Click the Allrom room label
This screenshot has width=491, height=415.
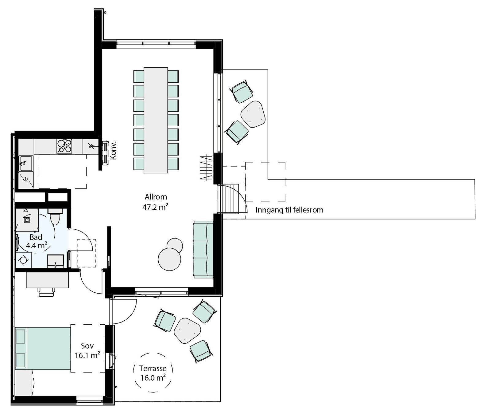click(x=156, y=197)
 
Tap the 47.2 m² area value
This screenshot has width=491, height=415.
click(x=155, y=207)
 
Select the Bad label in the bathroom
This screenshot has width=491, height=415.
click(x=36, y=237)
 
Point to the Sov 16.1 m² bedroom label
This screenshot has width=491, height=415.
click(x=87, y=350)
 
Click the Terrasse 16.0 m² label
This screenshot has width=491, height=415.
click(x=153, y=373)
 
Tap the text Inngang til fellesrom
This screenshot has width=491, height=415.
click(x=289, y=210)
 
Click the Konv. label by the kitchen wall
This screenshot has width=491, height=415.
click(x=113, y=150)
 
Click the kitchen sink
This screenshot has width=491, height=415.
click(x=26, y=163)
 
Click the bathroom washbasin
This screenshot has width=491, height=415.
click(x=56, y=261)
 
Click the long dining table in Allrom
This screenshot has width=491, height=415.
click(x=156, y=120)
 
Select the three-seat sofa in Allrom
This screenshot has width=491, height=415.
click(x=203, y=249)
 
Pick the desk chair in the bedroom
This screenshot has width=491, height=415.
click(x=47, y=292)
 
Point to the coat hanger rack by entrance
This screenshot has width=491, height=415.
click(x=206, y=168)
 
